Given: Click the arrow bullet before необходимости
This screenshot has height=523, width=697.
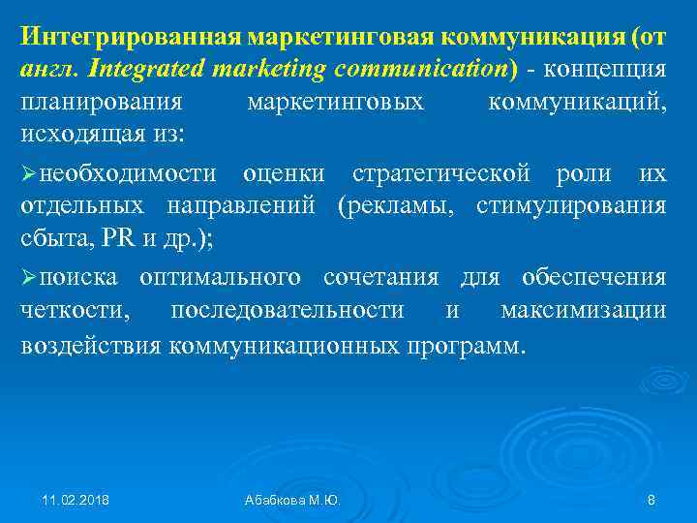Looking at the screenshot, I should (x=30, y=174).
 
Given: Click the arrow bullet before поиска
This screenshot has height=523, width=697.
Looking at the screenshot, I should (x=30, y=279).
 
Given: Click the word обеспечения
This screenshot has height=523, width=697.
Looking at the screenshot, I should (x=593, y=279).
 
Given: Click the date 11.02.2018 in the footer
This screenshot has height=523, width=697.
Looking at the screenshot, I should (x=76, y=500).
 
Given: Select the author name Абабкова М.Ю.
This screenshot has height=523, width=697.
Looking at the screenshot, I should (x=292, y=500).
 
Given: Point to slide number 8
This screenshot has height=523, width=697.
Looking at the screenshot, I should (x=651, y=500).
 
